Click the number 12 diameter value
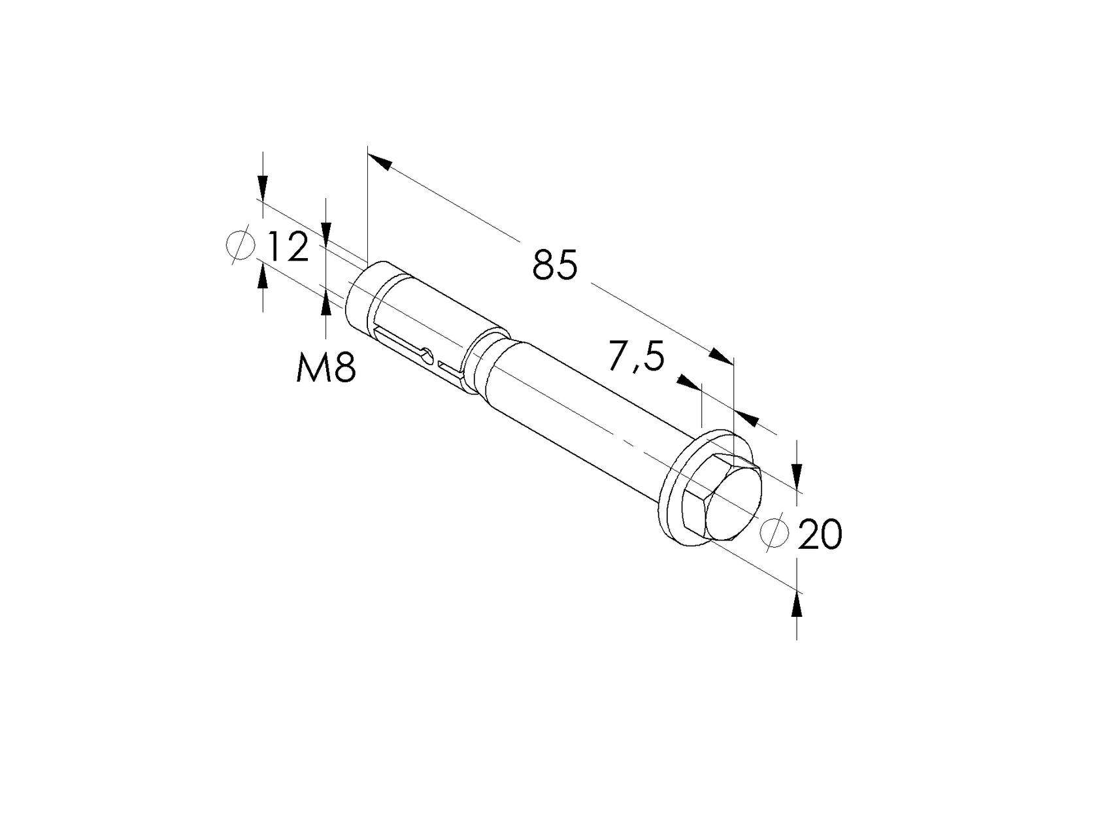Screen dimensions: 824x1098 tap(287, 248)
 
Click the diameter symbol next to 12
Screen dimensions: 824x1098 tap(240, 246)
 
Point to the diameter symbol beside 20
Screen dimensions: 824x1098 tap(774, 532)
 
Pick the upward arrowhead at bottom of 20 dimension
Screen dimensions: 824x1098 tap(796, 605)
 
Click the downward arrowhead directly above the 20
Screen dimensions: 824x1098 tap(796, 474)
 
